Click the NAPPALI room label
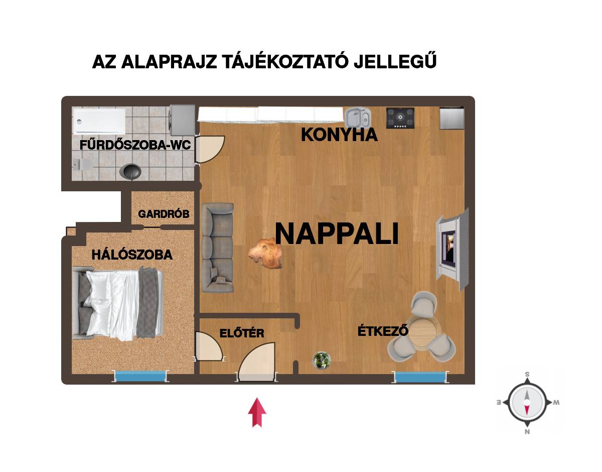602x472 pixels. click(x=337, y=233)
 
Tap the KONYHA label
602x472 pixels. click(x=339, y=135)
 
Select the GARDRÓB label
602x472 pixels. click(x=164, y=214)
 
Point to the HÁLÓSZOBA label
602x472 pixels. click(x=132, y=255)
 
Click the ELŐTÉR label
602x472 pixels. click(x=242, y=333)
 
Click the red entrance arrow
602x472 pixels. click(x=257, y=412)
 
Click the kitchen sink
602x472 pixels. click(x=358, y=117)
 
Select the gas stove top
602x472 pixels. click(x=400, y=118)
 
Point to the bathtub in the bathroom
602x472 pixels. click(x=99, y=121)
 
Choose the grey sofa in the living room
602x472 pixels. click(x=218, y=248)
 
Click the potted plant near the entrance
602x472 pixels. click(x=322, y=360)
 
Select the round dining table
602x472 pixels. click(x=423, y=334)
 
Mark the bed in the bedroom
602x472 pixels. click(x=117, y=303)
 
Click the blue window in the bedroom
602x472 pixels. click(x=140, y=377)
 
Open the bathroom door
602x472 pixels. click(x=209, y=149)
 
